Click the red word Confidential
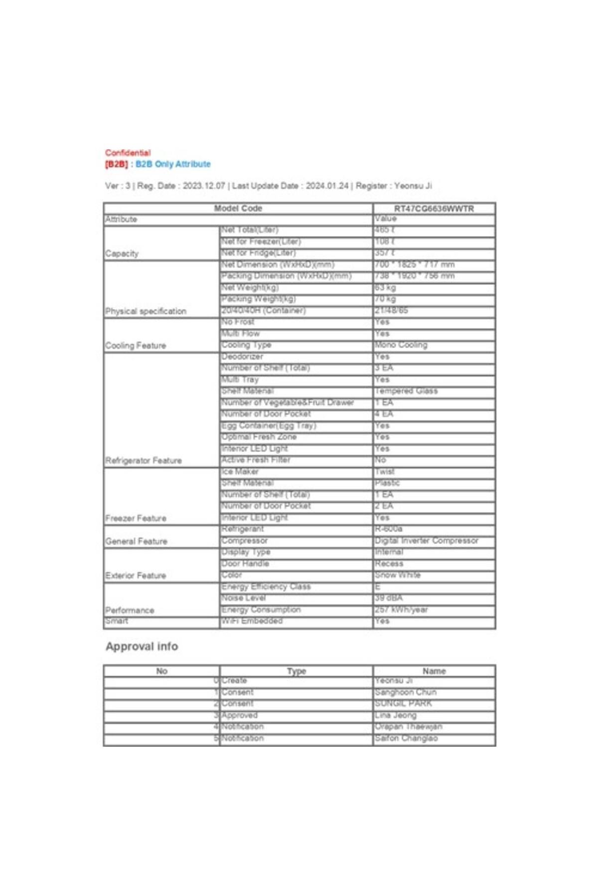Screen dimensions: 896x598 pos(128,153)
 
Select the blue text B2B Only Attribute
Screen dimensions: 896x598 pos(173,164)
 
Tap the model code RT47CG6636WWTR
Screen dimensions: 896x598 pos(434,209)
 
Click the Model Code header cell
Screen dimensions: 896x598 pos(238,209)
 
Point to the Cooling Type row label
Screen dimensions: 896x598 pos(246,345)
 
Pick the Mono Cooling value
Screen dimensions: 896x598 pos(401,345)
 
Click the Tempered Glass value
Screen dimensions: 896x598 pos(406,391)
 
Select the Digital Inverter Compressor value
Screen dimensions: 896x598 pos(426,541)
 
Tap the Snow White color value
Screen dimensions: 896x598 pos(398,575)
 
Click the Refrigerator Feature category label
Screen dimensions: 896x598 pos(144,460)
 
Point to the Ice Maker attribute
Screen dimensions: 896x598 pos(240,471)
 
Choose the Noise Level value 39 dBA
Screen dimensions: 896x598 pos(388,598)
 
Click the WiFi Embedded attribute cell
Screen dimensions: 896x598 pos(252,621)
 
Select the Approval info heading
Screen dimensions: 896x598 pos(142,647)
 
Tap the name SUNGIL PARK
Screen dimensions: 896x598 pos(403,703)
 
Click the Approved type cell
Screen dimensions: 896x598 pos(239,715)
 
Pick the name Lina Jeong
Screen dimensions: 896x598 pos(396,715)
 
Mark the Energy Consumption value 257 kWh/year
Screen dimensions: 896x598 pos(401,609)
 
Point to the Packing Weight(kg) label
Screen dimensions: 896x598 pos(258,299)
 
